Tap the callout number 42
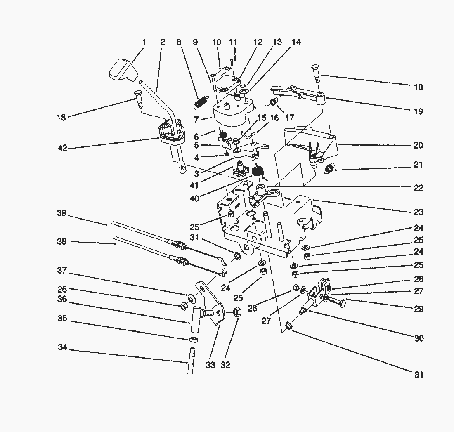[x=62, y=148]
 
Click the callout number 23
[x=418, y=212]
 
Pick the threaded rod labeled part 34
[x=191, y=361]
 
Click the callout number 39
[x=62, y=213]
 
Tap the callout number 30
[x=418, y=338]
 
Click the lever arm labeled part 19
[x=297, y=93]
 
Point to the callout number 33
[x=210, y=365]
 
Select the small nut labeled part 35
[x=192, y=340]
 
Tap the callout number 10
[x=217, y=42]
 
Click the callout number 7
[x=196, y=120]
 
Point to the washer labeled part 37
[x=191, y=297]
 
